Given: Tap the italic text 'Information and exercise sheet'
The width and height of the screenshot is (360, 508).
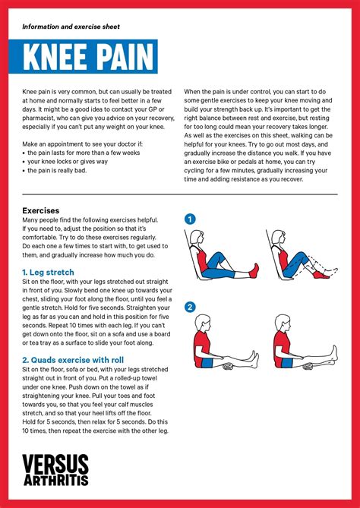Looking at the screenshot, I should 71,26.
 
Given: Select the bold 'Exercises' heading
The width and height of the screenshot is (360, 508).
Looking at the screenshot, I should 41,210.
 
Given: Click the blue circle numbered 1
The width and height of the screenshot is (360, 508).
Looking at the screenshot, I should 190,219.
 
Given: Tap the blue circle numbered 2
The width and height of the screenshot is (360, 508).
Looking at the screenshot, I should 190,307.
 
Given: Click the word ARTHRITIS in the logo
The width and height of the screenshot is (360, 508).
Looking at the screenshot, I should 55,480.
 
